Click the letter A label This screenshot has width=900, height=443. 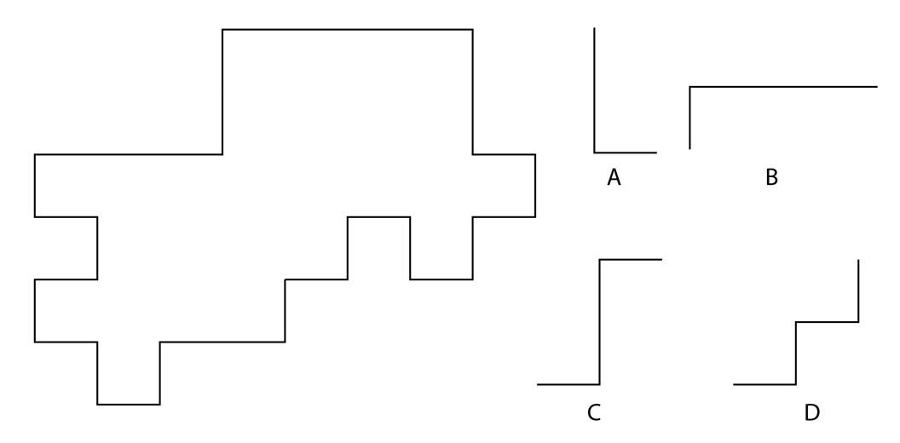tap(614, 178)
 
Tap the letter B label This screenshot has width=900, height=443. tap(771, 178)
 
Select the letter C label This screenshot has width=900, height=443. tap(594, 412)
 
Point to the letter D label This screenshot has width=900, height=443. tap(811, 412)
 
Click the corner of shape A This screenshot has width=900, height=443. tap(595, 152)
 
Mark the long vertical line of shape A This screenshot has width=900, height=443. tap(595, 90)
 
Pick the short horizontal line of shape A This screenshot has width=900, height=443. tap(626, 152)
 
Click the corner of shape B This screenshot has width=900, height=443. tap(690, 87)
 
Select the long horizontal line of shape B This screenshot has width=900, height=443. tap(783, 87)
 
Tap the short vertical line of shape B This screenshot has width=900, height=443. tap(690, 118)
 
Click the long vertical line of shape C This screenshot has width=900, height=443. tap(600, 322)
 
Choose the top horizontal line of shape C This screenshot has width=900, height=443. tap(631, 259)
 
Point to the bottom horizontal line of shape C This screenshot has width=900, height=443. tap(568, 384)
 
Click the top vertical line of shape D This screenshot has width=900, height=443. tap(858, 291)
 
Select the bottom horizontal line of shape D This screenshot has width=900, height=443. tap(764, 384)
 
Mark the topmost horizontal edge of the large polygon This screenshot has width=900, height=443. tap(347, 29)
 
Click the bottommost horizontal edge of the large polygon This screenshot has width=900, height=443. tap(129, 405)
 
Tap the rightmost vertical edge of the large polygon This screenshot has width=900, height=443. tap(535, 186)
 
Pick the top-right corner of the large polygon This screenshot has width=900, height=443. tap(472, 29)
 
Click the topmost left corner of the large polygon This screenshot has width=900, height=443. tap(222, 29)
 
